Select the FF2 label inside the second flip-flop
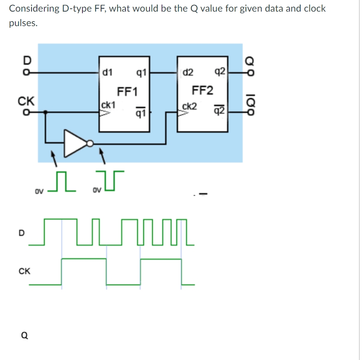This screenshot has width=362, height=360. pos(203,90)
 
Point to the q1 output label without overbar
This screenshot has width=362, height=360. pos(140,74)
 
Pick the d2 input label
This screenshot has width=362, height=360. pos(187,73)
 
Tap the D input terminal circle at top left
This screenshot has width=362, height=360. pos(27,73)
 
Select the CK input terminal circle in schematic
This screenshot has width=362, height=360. pos(27,112)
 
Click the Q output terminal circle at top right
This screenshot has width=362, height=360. pos(249,73)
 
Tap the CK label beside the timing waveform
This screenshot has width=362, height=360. pos(24,271)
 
